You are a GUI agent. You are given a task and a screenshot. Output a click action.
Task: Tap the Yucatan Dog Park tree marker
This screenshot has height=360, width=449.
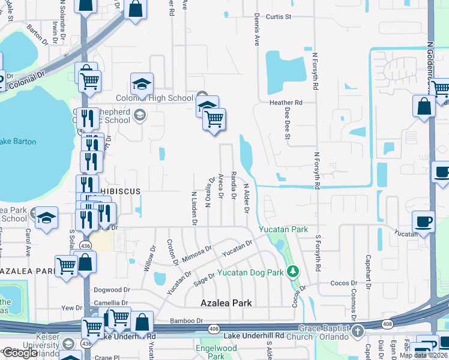[x=292, y=272]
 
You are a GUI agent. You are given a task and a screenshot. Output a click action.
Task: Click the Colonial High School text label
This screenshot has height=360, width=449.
[x=155, y=98]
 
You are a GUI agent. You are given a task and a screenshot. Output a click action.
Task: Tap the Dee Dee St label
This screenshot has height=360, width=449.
[x=288, y=124]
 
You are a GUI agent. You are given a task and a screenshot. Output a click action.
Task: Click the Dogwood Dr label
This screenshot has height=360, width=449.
[x=111, y=289]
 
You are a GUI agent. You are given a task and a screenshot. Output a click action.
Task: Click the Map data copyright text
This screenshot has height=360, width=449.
[x=423, y=355]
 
